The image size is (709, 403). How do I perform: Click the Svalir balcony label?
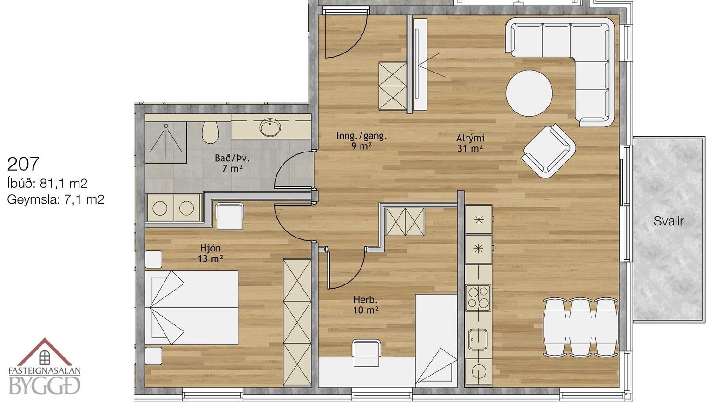[669, 221]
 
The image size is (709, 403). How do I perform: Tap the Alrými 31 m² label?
[470, 143]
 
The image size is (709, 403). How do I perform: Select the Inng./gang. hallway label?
[361, 136]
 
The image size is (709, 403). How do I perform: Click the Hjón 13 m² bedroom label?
[210, 253]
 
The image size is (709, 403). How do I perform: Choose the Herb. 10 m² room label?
[366, 304]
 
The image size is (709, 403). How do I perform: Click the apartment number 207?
[23, 164]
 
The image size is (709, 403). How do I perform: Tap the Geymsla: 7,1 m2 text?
[56, 200]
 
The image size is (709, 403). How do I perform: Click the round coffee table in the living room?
[529, 93]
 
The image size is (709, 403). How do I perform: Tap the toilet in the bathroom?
[210, 132]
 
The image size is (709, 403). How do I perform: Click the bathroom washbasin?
[270, 127]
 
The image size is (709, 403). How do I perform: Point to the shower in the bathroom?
[166, 142]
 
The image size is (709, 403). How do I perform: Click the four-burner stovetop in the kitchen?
[478, 297]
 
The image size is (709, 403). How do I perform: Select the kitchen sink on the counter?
[478, 339]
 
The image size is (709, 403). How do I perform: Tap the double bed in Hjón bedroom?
[191, 307]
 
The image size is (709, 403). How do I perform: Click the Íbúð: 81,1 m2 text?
[47, 183]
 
